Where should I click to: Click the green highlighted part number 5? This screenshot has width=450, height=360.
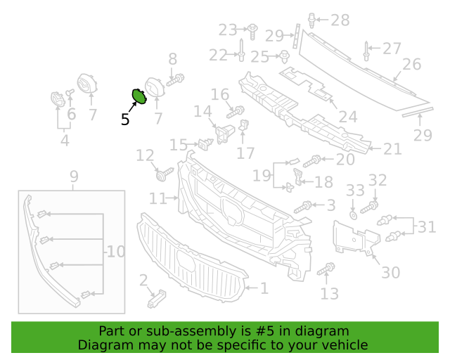coord(139,96)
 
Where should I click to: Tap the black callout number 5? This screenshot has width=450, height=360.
coord(125,119)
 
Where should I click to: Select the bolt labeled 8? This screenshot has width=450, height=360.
coord(175,80)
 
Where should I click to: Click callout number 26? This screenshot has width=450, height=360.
coord(412,64)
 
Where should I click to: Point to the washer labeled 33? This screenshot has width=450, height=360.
coord(353,215)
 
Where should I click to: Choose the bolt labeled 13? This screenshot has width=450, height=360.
coord(326,269)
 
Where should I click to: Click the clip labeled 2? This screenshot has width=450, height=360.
coord(157,299)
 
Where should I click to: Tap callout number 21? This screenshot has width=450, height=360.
coord(392,149)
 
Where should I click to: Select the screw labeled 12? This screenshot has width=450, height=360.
coord(165,174)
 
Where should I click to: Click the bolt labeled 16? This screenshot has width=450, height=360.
coord(236,112)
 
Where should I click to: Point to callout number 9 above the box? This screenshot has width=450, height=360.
coord(74,176)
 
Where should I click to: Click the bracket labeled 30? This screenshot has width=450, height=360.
coord(356,238)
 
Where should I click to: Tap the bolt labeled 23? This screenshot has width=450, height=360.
coord(252,32)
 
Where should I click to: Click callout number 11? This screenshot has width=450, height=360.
coord(157,198)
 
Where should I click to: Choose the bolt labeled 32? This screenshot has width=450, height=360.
coord(369,207)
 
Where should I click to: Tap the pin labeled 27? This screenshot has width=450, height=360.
coord(366,51)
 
